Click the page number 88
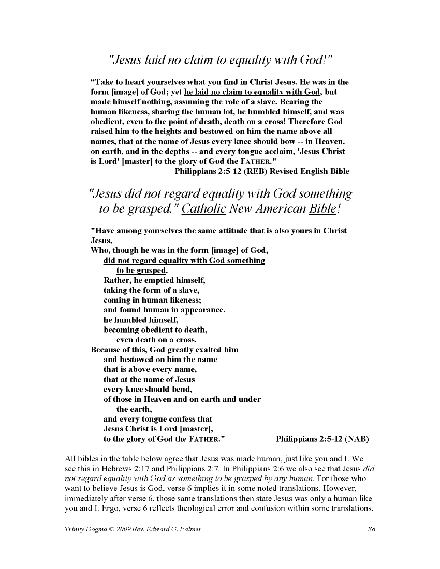tap(371, 529)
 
